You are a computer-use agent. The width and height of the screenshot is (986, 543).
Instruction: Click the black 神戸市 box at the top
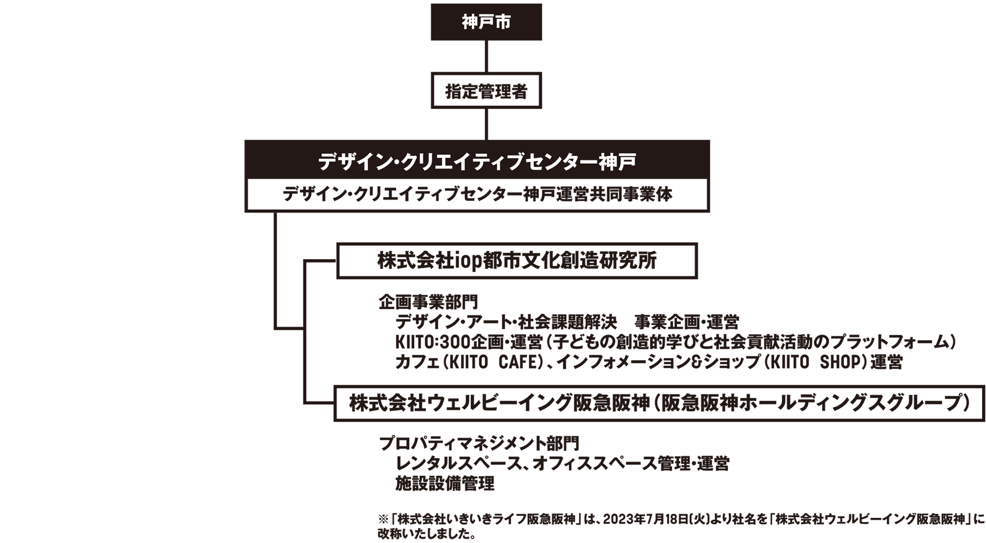pos(486,22)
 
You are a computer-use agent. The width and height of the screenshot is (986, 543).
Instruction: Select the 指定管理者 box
pos(486,91)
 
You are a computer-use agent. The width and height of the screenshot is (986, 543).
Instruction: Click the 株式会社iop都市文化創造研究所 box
pos(517,261)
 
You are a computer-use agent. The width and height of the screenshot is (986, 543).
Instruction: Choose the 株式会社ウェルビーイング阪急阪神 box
pos(659,403)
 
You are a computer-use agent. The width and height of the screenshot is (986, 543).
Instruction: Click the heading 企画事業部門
pos(428,302)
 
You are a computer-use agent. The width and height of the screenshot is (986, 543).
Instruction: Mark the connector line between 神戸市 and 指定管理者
pos(487,56)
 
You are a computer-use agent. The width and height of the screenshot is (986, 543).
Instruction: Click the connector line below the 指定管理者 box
pos(487,124)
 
